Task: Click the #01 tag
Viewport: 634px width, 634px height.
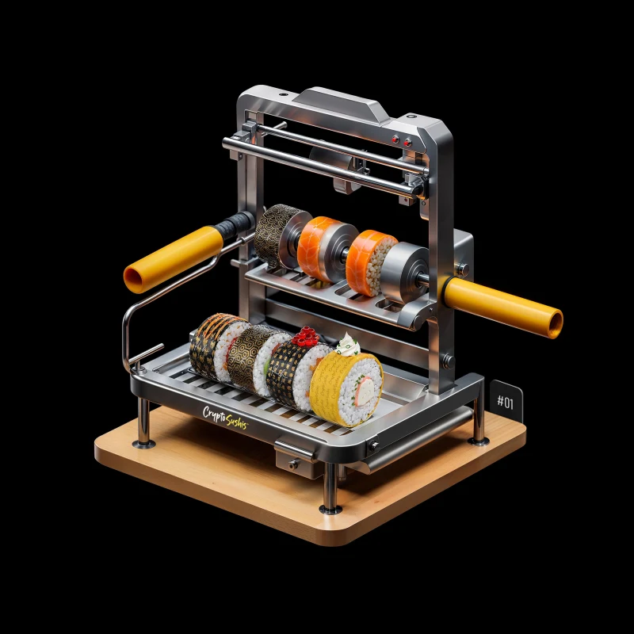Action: pyautogui.click(x=506, y=401)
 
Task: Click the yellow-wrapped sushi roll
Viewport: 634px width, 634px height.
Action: pyautogui.click(x=346, y=389)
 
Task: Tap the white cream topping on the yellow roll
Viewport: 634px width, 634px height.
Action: pyautogui.click(x=347, y=344)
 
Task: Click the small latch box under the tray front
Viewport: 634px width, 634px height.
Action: pyautogui.click(x=295, y=458)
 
